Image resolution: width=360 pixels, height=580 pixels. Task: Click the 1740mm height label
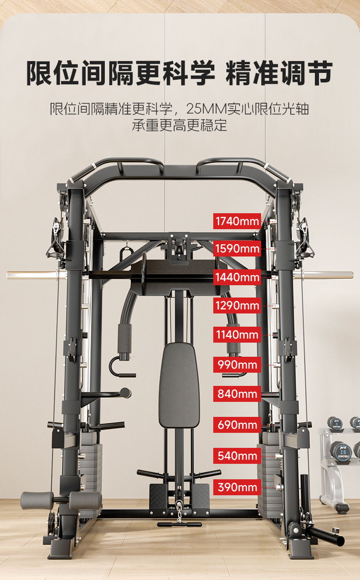click(237, 221)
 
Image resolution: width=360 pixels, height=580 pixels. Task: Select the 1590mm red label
click(237, 249)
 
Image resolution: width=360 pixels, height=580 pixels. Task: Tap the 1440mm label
click(237, 277)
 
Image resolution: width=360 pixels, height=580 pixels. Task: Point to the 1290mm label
click(237, 305)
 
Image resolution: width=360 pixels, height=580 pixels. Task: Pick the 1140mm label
click(237, 335)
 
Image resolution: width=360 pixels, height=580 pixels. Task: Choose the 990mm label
click(237, 364)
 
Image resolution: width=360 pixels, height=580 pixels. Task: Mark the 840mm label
click(237, 394)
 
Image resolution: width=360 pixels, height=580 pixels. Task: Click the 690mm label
click(237, 425)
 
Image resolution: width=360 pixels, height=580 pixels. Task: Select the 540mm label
click(237, 456)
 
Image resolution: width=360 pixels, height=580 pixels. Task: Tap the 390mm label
click(237, 487)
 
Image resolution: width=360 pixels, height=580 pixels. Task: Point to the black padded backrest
click(179, 385)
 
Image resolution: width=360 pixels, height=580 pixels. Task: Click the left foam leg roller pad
click(36, 501)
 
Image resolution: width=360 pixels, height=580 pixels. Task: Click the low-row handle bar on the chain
click(179, 524)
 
